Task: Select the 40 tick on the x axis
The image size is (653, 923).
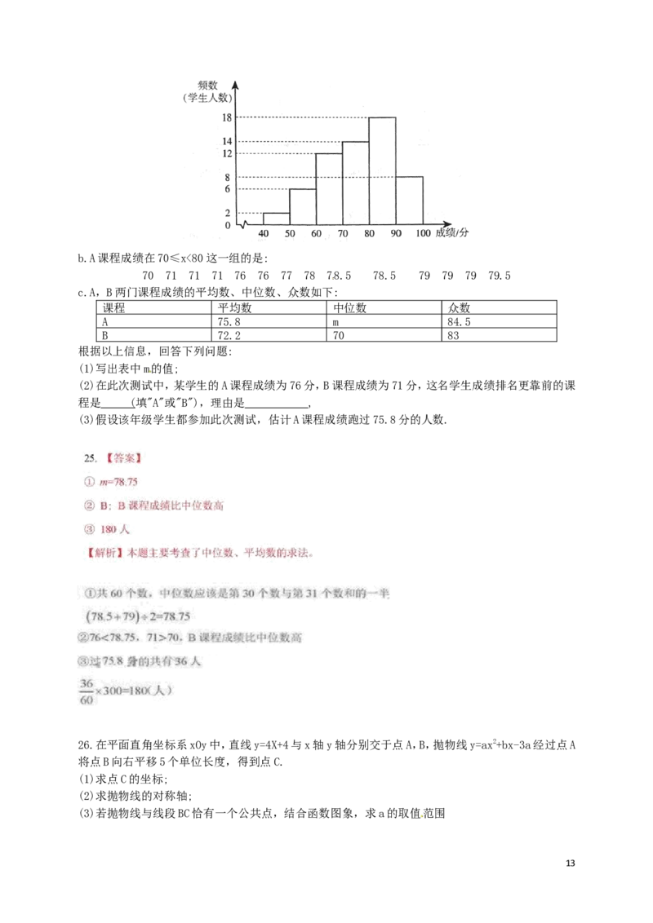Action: point(263,234)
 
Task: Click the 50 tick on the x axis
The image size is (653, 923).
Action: point(290,234)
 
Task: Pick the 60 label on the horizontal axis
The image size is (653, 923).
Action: point(317,234)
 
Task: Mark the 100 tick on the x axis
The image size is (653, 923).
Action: point(422,234)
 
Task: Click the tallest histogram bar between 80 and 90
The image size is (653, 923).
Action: point(382,171)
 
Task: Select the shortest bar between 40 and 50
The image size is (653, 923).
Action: point(276,218)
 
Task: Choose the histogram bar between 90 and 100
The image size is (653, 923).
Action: point(409,200)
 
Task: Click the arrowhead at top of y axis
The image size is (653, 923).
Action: point(235,84)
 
